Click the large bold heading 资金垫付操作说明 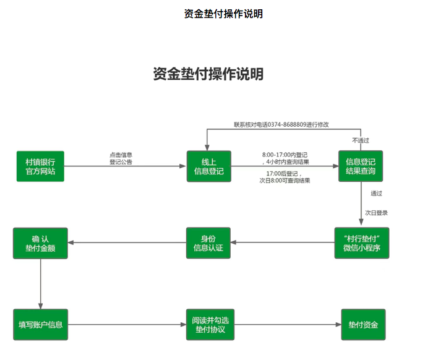coord(208,74)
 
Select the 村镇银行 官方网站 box coord(40,166)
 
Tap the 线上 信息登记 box coord(208,166)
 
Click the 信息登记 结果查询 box coord(361,166)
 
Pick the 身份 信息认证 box coord(208,243)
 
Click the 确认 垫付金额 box coord(40,243)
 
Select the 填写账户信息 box coord(40,325)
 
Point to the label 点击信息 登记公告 coord(121,158)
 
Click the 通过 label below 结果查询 coord(376,194)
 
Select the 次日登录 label coord(376,213)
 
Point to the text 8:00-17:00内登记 coord(285,154)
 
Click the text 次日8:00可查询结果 coord(285,181)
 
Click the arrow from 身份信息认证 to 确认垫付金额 coord(127,243)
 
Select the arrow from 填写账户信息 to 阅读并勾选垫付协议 coord(127,325)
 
